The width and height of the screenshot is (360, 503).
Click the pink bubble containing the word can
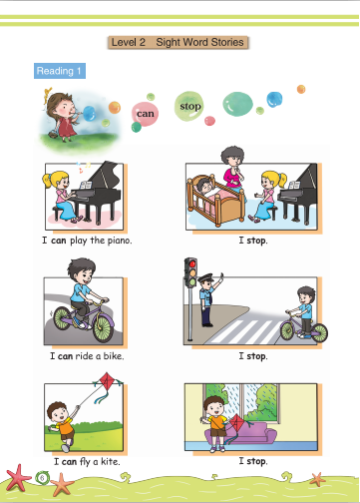[145, 114]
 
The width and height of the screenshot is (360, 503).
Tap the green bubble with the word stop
[188, 106]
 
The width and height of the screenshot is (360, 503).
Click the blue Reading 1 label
[60, 71]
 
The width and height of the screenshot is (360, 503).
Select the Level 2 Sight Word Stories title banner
[178, 42]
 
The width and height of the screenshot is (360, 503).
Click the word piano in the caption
[119, 241]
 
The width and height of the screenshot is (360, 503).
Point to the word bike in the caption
[114, 356]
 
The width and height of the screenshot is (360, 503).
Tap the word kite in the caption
[110, 461]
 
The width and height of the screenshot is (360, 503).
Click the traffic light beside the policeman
[190, 272]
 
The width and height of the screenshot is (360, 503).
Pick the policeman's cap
[205, 277]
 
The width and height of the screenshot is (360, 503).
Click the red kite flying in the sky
[108, 381]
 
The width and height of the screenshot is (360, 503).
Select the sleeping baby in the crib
[204, 185]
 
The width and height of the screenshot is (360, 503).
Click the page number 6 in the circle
[42, 478]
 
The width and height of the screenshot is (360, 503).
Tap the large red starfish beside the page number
[18, 477]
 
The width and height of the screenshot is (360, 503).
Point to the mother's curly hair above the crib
[232, 155]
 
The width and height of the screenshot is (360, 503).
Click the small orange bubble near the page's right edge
[301, 89]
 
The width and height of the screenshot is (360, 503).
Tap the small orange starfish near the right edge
[318, 479]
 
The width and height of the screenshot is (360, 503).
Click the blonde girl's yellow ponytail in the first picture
[46, 180]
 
